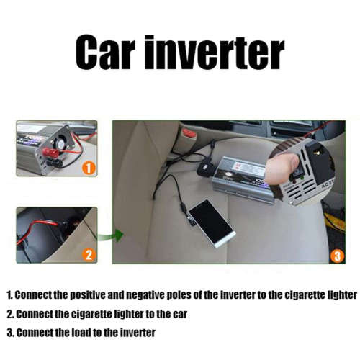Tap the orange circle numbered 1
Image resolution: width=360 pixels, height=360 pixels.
click(x=89, y=168)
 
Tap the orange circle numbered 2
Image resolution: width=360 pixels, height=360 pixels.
click(x=89, y=254)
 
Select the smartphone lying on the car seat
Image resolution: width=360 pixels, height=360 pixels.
click(x=211, y=222)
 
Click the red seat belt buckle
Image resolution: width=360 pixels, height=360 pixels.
click(x=189, y=133)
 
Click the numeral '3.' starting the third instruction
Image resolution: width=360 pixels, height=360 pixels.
click(x=10, y=333)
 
